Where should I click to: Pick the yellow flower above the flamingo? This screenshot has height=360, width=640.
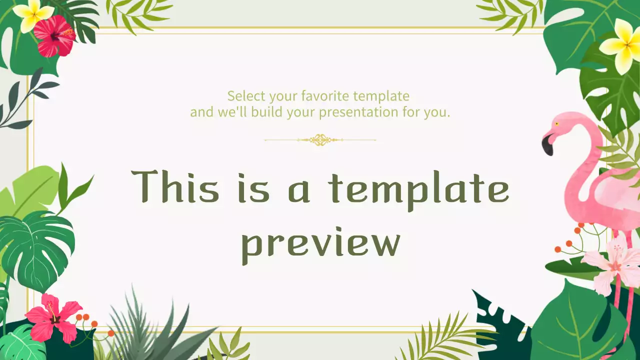622,46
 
